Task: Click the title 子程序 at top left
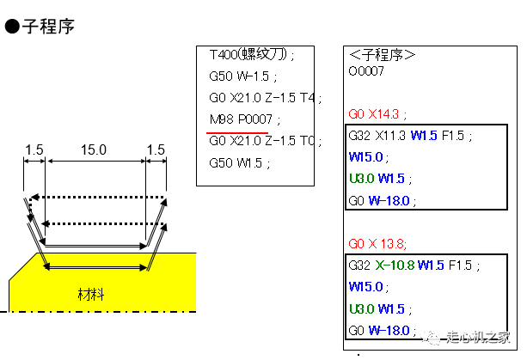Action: pyautogui.click(x=48, y=26)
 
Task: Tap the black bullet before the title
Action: pyautogui.click(x=12, y=26)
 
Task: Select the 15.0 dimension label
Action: pyautogui.click(x=94, y=149)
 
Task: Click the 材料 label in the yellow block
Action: pyautogui.click(x=91, y=295)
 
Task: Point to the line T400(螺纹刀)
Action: pyautogui.click(x=251, y=54)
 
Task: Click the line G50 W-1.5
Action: pyautogui.click(x=242, y=76)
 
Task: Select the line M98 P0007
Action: pyautogui.click(x=245, y=119)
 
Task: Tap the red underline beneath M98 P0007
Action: pyautogui.click(x=237, y=133)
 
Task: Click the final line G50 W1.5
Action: pyautogui.click(x=239, y=163)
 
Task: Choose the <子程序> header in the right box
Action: pyautogui.click(x=383, y=55)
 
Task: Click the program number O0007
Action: pyautogui.click(x=366, y=70)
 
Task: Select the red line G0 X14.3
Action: pyautogui.click(x=377, y=114)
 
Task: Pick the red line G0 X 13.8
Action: pyautogui.click(x=377, y=243)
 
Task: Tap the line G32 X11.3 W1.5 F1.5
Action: pyautogui.click(x=410, y=136)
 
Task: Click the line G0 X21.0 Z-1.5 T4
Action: pyautogui.click(x=265, y=98)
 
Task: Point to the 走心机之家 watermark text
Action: pyautogui.click(x=478, y=337)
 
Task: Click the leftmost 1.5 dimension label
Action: pyautogui.click(x=34, y=149)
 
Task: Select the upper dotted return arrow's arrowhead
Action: pyautogui.click(x=34, y=197)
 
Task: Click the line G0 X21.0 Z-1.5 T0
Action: pyautogui.click(x=265, y=141)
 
